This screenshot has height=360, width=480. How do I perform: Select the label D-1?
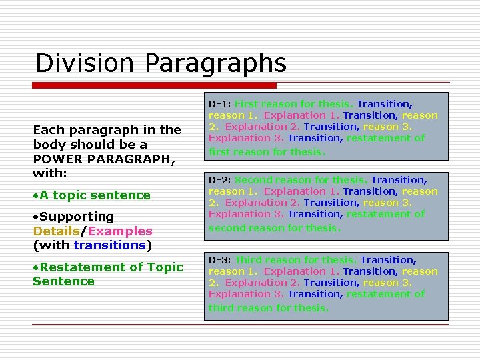click(219, 104)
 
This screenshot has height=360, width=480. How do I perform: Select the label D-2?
click(219, 180)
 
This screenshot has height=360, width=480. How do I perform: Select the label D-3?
click(219, 260)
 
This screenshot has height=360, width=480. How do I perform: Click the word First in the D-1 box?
click(246, 104)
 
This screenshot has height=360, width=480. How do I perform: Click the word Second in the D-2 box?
click(253, 180)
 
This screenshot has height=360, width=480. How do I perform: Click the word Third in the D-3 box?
click(248, 260)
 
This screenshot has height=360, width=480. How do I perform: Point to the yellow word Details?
click(56, 231)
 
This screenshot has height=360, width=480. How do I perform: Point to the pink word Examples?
click(120, 231)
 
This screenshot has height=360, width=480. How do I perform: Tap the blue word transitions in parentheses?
click(109, 245)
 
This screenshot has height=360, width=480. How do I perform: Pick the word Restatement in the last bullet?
click(76, 267)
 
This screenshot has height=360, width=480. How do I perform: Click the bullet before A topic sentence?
click(35, 195)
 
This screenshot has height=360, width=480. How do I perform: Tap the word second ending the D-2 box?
click(225, 228)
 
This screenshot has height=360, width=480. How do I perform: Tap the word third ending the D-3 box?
click(220, 308)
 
